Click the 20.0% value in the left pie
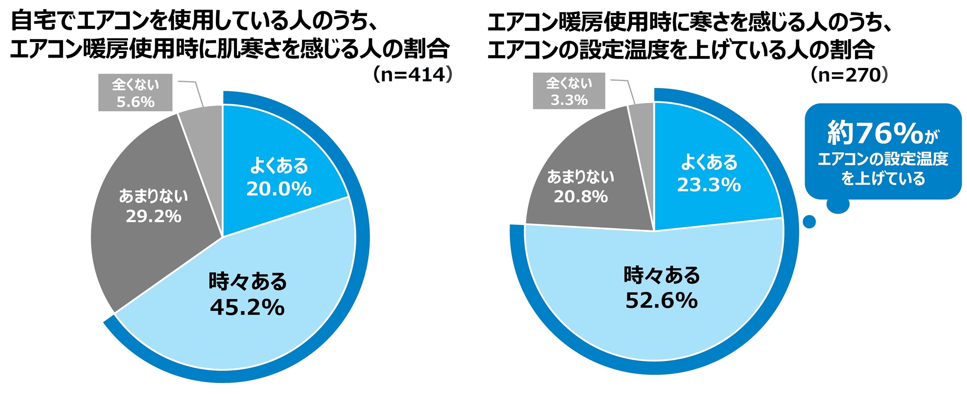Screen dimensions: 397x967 pyautogui.click(x=279, y=189)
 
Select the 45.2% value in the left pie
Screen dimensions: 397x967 pyautogui.click(x=247, y=308)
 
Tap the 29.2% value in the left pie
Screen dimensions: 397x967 pyautogui.click(x=153, y=216)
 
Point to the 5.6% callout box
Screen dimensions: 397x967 pyautogui.click(x=135, y=93)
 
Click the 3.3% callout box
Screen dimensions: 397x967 pyautogui.click(x=569, y=91)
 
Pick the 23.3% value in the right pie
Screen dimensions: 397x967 pyautogui.click(x=709, y=185)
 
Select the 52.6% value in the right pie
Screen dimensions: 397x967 pyautogui.click(x=662, y=300)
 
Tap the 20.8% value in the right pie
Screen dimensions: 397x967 pyautogui.click(x=580, y=197)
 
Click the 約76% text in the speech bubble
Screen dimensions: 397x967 pyautogui.click(x=875, y=134)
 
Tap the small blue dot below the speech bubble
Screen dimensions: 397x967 pyautogui.click(x=809, y=221)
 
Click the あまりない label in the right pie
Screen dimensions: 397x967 pyautogui.click(x=580, y=177)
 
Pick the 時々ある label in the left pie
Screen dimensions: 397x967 pyautogui.click(x=247, y=281)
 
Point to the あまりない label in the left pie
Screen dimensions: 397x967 pyautogui.click(x=153, y=196)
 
